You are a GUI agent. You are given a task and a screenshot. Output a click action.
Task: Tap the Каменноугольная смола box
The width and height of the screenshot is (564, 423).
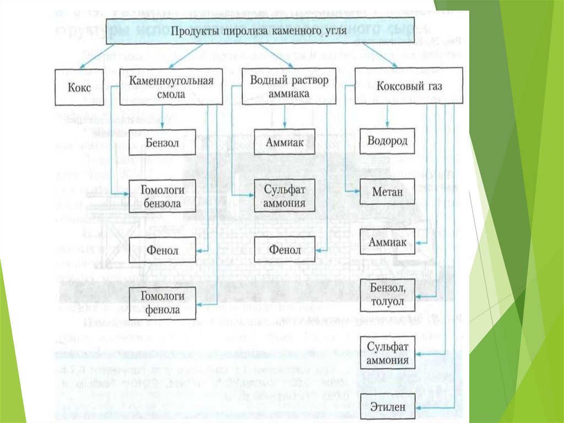(171, 87)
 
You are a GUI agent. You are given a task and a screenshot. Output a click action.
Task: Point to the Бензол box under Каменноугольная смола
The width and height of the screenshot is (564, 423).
(162, 142)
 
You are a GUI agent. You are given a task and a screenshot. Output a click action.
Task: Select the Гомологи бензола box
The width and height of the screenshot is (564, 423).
(162, 196)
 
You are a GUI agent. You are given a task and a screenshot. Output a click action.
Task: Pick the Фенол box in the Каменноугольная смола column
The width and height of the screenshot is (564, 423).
(162, 250)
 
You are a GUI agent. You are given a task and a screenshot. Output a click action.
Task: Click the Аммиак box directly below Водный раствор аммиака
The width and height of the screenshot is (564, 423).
(284, 142)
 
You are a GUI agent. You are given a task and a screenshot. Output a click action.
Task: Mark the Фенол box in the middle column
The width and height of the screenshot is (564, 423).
(284, 250)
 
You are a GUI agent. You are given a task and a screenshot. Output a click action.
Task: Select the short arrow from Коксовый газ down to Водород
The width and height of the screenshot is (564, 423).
(387, 116)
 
